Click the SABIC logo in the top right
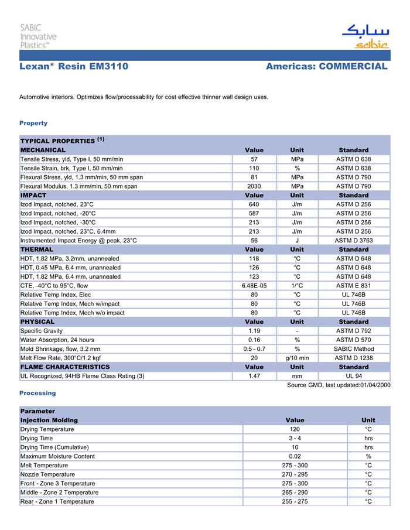click(x=364, y=37)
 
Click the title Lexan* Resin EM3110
click(x=74, y=67)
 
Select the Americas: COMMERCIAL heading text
click(x=326, y=67)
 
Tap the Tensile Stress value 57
click(x=254, y=159)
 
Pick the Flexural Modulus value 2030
click(x=254, y=186)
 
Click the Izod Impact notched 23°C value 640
click(x=254, y=204)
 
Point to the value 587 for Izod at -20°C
click(x=254, y=214)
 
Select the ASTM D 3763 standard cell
click(x=353, y=241)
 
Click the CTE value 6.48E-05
click(x=254, y=286)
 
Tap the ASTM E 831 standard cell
click(x=353, y=286)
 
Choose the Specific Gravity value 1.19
click(x=254, y=331)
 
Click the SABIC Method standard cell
click(x=353, y=349)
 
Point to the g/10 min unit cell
click(x=297, y=358)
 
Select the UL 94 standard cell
click(x=353, y=376)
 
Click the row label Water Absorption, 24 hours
click(x=57, y=340)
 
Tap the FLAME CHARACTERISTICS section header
click(x=65, y=367)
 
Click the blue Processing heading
click(x=37, y=393)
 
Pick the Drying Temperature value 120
click(x=295, y=429)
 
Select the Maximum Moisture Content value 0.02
click(x=295, y=456)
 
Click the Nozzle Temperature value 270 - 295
click(x=295, y=474)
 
